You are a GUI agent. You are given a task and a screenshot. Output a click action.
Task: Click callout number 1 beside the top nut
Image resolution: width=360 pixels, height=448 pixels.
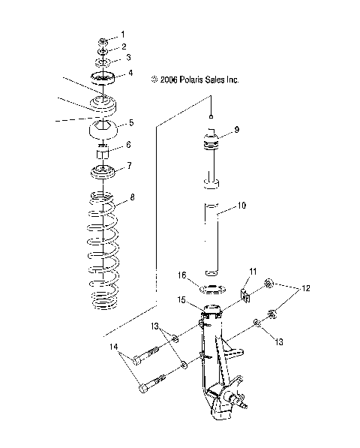124,35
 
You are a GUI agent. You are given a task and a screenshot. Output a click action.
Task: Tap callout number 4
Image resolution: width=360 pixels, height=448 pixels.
130,74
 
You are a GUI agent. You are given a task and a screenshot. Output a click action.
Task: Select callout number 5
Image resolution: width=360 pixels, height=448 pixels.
131,122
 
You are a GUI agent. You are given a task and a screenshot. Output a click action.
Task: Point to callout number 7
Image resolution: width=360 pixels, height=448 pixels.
130,166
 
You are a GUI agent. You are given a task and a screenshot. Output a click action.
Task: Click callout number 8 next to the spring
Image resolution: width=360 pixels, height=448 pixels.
133,198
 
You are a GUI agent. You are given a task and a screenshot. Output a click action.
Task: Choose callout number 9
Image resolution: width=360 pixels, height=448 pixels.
236,130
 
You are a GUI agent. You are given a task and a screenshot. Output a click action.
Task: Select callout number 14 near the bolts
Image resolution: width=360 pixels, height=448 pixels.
115,347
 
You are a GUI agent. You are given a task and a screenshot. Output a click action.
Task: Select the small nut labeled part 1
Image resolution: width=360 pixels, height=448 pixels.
103,40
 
